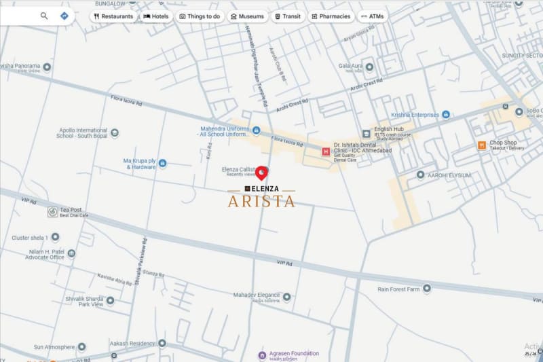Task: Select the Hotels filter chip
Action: click(156, 16)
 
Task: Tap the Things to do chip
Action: click(200, 16)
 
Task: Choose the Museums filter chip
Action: click(247, 16)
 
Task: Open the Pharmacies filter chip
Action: click(331, 16)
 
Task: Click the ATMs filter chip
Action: click(373, 16)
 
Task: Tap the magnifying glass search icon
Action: click(44, 16)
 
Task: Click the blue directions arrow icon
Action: click(64, 16)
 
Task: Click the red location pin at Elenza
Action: click(261, 172)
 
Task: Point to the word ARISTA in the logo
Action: click(261, 201)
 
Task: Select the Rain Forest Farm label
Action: click(400, 289)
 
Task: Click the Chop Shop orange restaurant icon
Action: click(481, 145)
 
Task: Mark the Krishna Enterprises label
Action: click(415, 115)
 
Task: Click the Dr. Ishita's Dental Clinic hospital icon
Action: click(326, 151)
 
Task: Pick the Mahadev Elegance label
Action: click(256, 295)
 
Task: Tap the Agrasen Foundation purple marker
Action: click(262, 355)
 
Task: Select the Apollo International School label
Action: click(82, 132)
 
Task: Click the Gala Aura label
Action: click(350, 67)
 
